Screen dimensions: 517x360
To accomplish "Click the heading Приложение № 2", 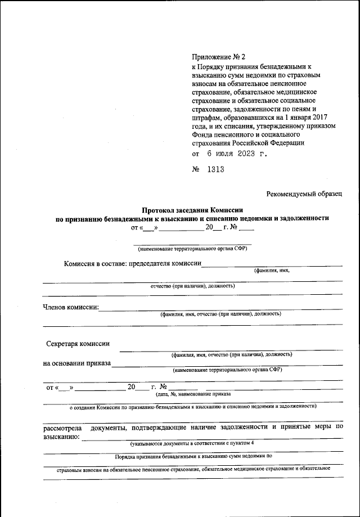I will coord(215,57).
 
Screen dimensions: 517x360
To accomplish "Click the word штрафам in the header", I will coord(205,117).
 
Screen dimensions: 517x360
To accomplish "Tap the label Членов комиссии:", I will coord(71,307).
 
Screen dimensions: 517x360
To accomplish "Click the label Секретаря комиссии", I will coord(78,344).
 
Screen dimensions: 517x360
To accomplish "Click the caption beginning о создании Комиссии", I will coord(192,406).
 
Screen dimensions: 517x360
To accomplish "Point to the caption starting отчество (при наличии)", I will coord(192,285).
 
